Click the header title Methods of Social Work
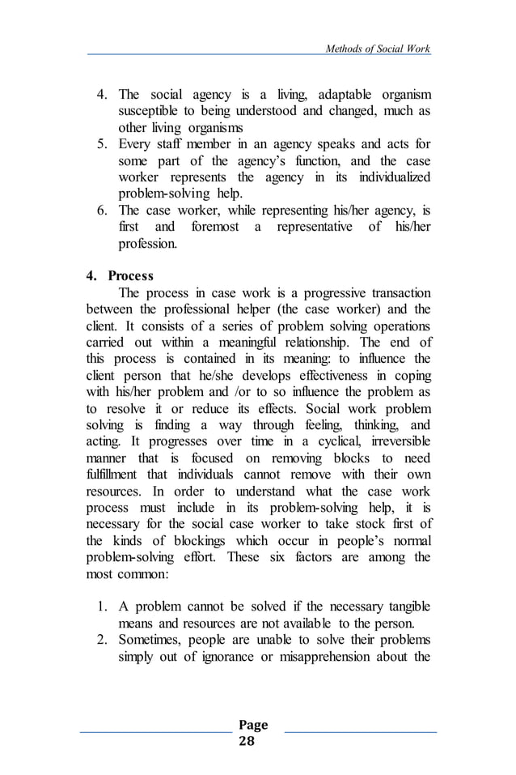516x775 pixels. pos(377,49)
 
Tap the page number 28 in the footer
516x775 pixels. pos(256,741)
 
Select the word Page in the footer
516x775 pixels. pos(256,725)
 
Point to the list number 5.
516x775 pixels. pos(103,145)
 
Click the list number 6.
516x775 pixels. pos(103,211)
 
